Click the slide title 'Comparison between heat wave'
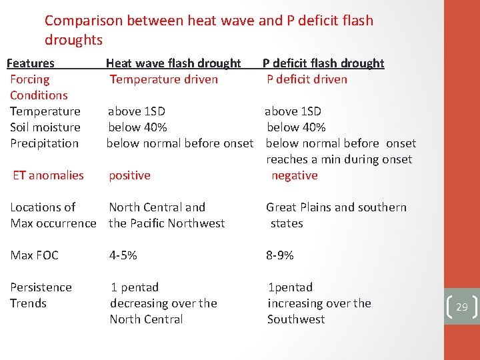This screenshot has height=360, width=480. pyautogui.click(x=209, y=21)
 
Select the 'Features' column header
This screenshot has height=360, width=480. pyautogui.click(x=30, y=63)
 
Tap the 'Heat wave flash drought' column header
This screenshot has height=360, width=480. pyautogui.click(x=173, y=63)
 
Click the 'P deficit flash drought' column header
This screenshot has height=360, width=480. pyautogui.click(x=323, y=63)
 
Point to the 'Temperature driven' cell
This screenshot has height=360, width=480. pyautogui.click(x=164, y=79)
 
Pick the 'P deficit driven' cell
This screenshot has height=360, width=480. pyautogui.click(x=307, y=79)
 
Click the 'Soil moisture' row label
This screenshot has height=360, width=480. pyautogui.click(x=45, y=127)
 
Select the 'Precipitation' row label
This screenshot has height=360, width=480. pyautogui.click(x=44, y=143)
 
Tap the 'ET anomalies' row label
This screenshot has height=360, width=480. pyautogui.click(x=49, y=175)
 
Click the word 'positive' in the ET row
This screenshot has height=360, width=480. pyautogui.click(x=129, y=175)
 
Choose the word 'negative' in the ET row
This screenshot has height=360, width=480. pyautogui.click(x=294, y=175)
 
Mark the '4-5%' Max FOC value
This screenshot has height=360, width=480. pyautogui.click(x=123, y=255)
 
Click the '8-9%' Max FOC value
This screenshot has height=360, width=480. pyautogui.click(x=280, y=255)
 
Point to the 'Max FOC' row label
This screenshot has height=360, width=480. pyautogui.click(x=34, y=255)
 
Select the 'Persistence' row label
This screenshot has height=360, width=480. pyautogui.click(x=41, y=287)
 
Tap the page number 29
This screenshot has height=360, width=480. pyautogui.click(x=461, y=307)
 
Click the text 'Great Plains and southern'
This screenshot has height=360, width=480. pyautogui.click(x=336, y=207)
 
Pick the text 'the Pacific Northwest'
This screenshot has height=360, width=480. pyautogui.click(x=167, y=223)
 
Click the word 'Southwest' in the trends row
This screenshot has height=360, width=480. pyautogui.click(x=296, y=319)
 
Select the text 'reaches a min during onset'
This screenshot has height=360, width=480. pyautogui.click(x=339, y=159)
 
